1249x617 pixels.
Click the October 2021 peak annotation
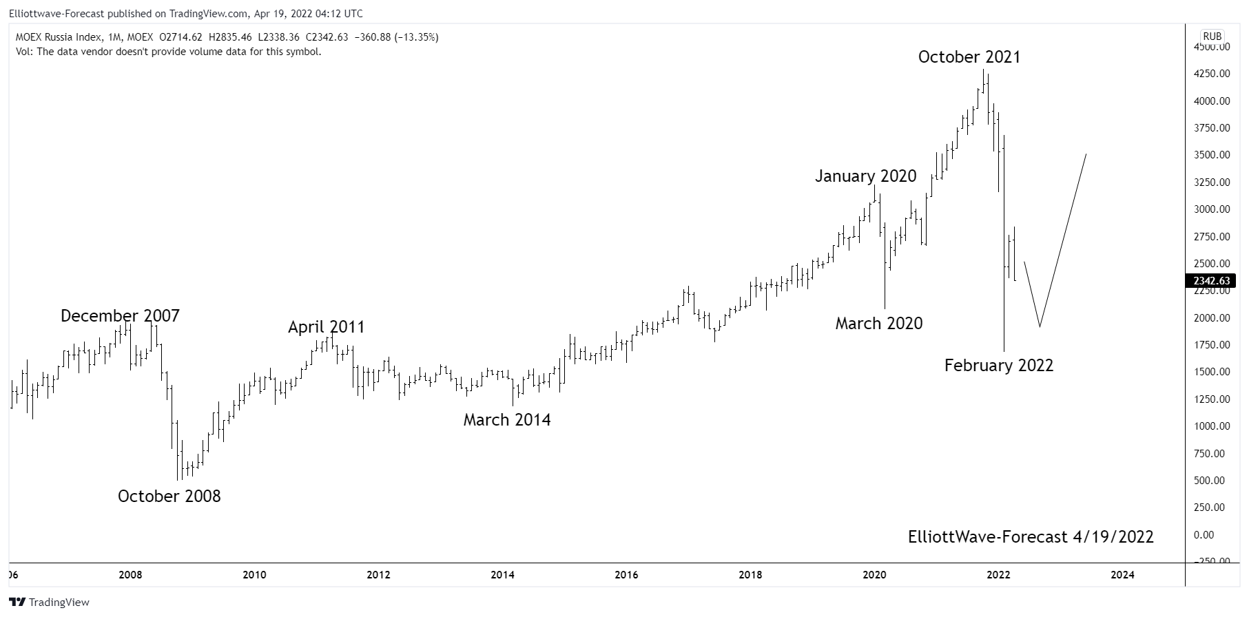point(969,57)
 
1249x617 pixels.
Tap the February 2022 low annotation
point(998,366)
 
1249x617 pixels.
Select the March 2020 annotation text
point(878,324)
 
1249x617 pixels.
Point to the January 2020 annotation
point(865,176)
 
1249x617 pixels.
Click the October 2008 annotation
point(169,496)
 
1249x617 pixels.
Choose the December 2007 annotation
point(120,316)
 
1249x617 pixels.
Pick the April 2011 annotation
point(326,327)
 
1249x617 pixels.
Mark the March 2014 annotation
point(506,420)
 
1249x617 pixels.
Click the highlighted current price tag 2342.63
point(1211,281)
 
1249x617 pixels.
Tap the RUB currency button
point(1212,36)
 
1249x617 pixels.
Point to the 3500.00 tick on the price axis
point(1212,155)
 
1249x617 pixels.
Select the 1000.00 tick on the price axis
point(1212,426)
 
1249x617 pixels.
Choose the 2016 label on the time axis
point(626,574)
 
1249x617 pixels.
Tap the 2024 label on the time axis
point(1122,574)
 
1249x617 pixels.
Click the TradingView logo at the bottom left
point(49,603)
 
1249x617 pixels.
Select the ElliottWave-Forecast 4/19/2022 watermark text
point(1031,537)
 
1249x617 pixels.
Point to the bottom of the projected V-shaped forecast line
point(1040,326)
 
